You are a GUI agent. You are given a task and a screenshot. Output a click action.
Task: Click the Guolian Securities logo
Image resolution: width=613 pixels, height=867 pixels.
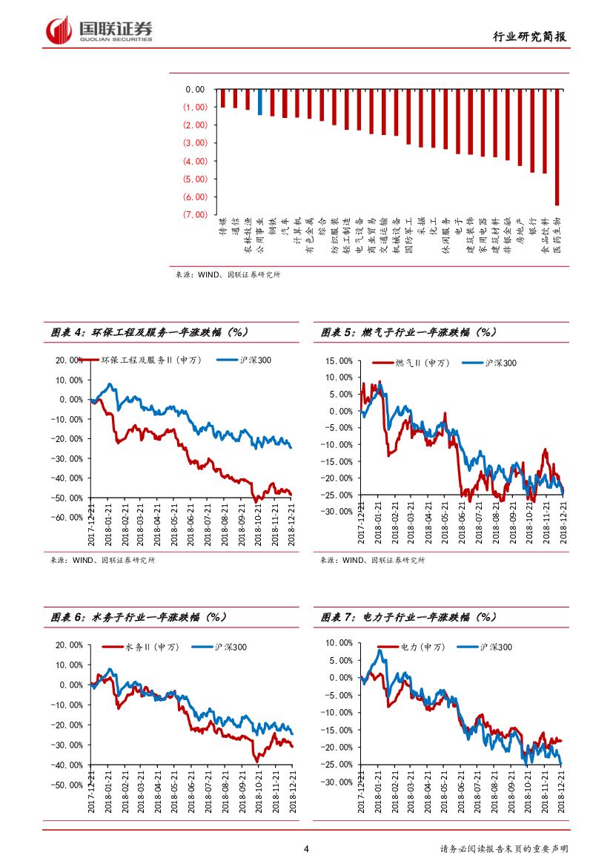point(99,30)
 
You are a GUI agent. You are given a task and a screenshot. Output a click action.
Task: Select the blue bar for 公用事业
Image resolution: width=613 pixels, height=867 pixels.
point(259,102)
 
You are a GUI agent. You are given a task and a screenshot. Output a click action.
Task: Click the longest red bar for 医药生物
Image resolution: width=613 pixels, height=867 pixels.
point(557,147)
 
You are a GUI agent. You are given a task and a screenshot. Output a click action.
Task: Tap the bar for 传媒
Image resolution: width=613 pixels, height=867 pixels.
point(222,98)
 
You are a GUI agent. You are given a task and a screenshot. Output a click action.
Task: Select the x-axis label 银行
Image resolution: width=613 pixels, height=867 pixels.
point(532,224)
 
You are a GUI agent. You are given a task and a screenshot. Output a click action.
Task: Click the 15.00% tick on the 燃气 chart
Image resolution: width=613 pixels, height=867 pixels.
point(339,361)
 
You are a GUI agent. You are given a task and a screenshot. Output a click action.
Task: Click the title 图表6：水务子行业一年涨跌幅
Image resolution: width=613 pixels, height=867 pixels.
point(139,617)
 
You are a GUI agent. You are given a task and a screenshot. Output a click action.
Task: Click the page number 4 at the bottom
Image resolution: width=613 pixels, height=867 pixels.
point(306,849)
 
